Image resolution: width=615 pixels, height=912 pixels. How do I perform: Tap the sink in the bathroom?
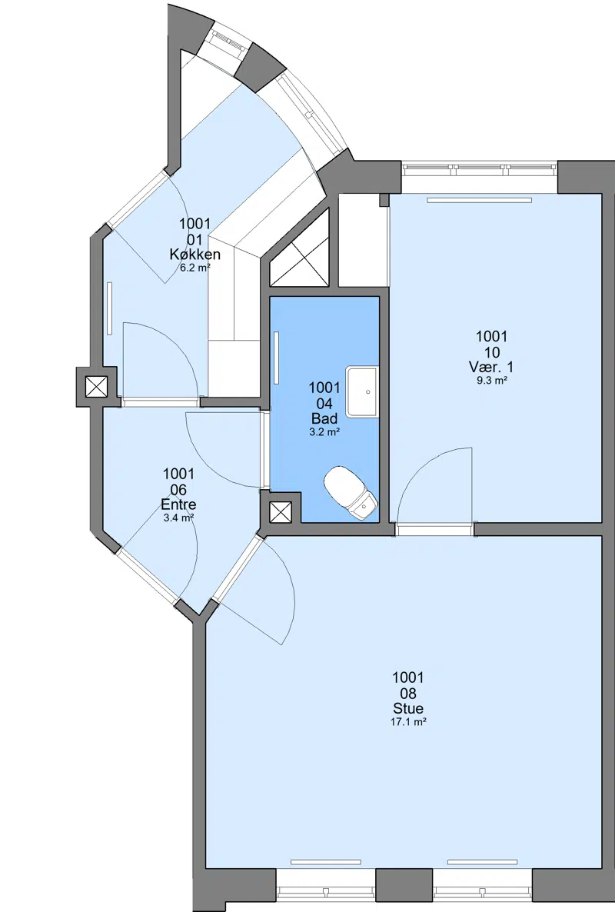(362, 392)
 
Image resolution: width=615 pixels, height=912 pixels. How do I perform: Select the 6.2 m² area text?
(194, 268)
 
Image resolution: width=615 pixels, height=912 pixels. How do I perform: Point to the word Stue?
(408, 708)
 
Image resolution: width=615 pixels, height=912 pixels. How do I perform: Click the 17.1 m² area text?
(408, 722)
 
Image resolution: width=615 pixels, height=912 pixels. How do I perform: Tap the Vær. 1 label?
(491, 367)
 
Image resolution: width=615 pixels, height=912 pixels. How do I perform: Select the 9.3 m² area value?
(491, 381)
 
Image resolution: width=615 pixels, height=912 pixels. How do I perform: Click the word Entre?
(178, 505)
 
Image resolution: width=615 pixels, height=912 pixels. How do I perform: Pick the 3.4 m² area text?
(178, 518)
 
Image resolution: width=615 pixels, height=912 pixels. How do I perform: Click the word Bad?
(324, 418)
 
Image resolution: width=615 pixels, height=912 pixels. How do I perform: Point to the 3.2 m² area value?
(324, 432)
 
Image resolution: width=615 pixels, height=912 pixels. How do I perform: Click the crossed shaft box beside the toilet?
(281, 512)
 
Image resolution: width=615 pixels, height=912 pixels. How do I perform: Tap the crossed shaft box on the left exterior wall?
(97, 387)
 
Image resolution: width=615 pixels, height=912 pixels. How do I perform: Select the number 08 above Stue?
(408, 694)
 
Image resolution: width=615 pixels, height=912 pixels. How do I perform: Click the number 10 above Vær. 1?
(491, 352)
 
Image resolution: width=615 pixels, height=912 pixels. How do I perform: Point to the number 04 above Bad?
(324, 403)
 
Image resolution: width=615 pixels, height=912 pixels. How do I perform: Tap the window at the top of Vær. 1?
(479, 170)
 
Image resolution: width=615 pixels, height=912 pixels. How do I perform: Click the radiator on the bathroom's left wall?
(277, 358)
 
